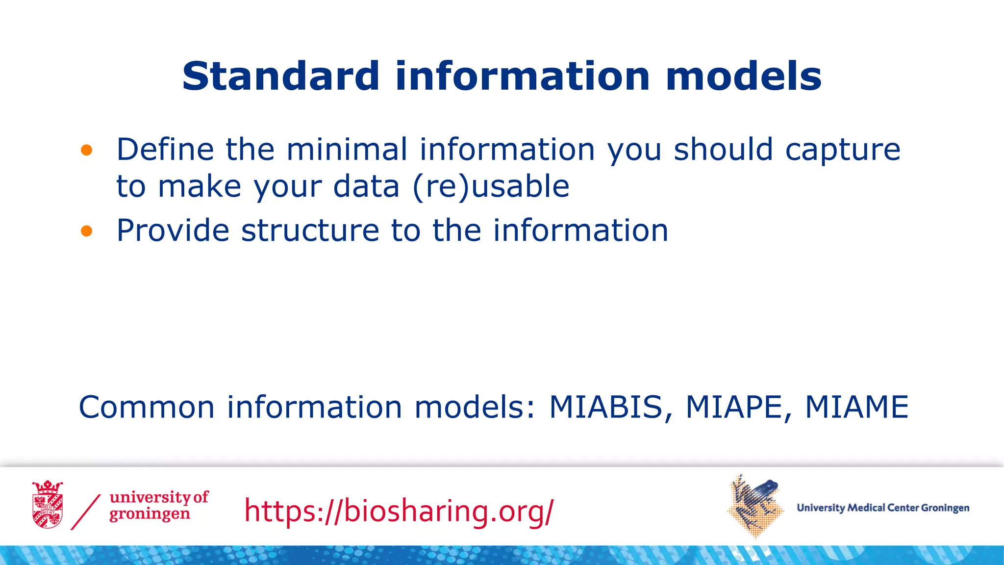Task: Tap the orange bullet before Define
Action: pyautogui.click(x=87, y=150)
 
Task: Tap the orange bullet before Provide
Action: pyautogui.click(x=87, y=231)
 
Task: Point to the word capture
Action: pyautogui.click(x=843, y=150)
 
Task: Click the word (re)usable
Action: pyautogui.click(x=491, y=187)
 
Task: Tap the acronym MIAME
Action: pyautogui.click(x=856, y=407)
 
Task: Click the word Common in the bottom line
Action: pyautogui.click(x=147, y=407)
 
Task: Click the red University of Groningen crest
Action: pyautogui.click(x=48, y=505)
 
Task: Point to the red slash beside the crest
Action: pyautogui.click(x=86, y=512)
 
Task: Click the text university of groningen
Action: pyautogui.click(x=158, y=506)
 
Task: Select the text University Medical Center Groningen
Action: pyautogui.click(x=883, y=508)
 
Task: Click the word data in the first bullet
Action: pyautogui.click(x=366, y=187)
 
